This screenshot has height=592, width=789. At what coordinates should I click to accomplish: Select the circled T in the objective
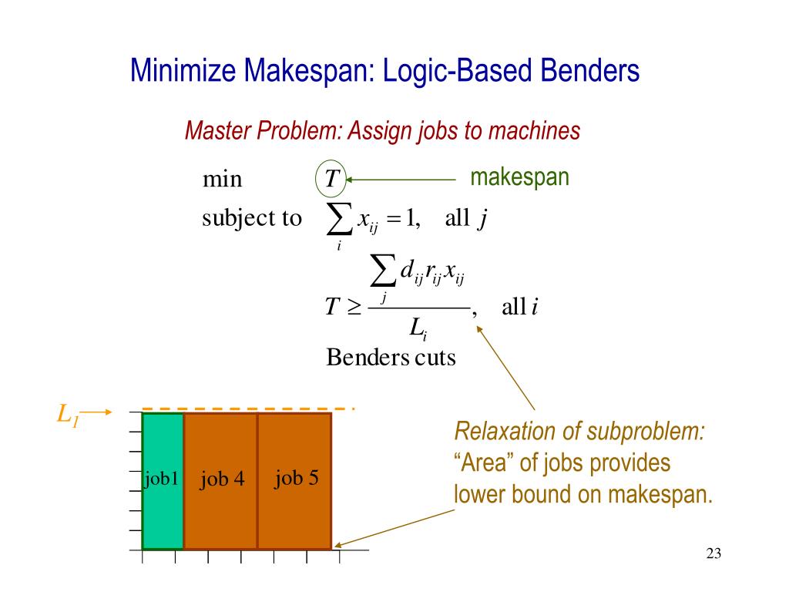(x=331, y=180)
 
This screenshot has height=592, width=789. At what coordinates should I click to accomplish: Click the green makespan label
(x=519, y=177)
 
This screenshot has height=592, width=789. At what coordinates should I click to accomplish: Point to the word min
(x=222, y=180)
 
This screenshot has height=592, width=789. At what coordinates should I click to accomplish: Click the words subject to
(x=251, y=218)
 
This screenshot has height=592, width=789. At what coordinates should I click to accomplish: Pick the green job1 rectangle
(x=163, y=481)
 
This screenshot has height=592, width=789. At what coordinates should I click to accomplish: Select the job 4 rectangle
(x=221, y=481)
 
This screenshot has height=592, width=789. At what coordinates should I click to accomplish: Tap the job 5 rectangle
(x=295, y=481)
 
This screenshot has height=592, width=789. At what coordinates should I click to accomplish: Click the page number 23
(x=713, y=553)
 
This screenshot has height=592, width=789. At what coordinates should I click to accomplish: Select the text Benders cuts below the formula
(x=391, y=358)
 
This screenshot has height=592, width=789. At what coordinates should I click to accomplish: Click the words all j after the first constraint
(x=465, y=219)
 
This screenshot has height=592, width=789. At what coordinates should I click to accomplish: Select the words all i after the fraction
(x=519, y=307)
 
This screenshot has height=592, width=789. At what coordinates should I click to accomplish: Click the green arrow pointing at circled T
(x=401, y=180)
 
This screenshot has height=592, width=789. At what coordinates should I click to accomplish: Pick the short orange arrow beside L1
(x=96, y=412)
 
